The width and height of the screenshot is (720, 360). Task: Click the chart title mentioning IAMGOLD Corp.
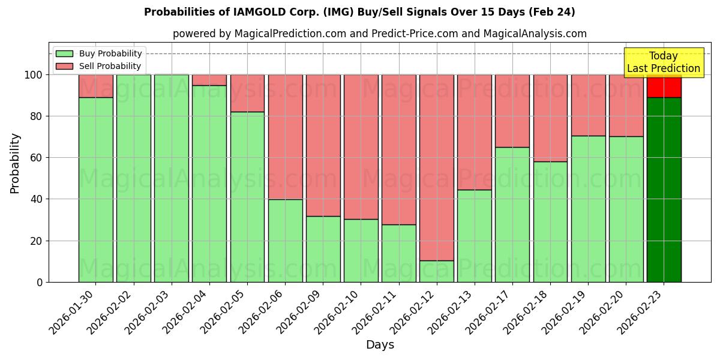(359, 12)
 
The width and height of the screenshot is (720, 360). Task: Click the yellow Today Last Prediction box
(663, 62)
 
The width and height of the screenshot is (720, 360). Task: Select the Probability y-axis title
(15, 163)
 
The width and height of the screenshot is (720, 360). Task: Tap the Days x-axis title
(380, 345)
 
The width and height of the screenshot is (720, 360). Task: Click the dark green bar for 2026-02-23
(664, 189)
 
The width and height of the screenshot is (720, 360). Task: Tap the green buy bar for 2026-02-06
(285, 240)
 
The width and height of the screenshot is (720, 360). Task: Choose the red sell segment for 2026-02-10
(361, 146)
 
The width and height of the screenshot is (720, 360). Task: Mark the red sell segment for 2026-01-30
(95, 86)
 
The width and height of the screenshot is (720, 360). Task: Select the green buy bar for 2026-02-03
(171, 178)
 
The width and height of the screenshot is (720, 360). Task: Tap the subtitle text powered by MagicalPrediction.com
(379, 34)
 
